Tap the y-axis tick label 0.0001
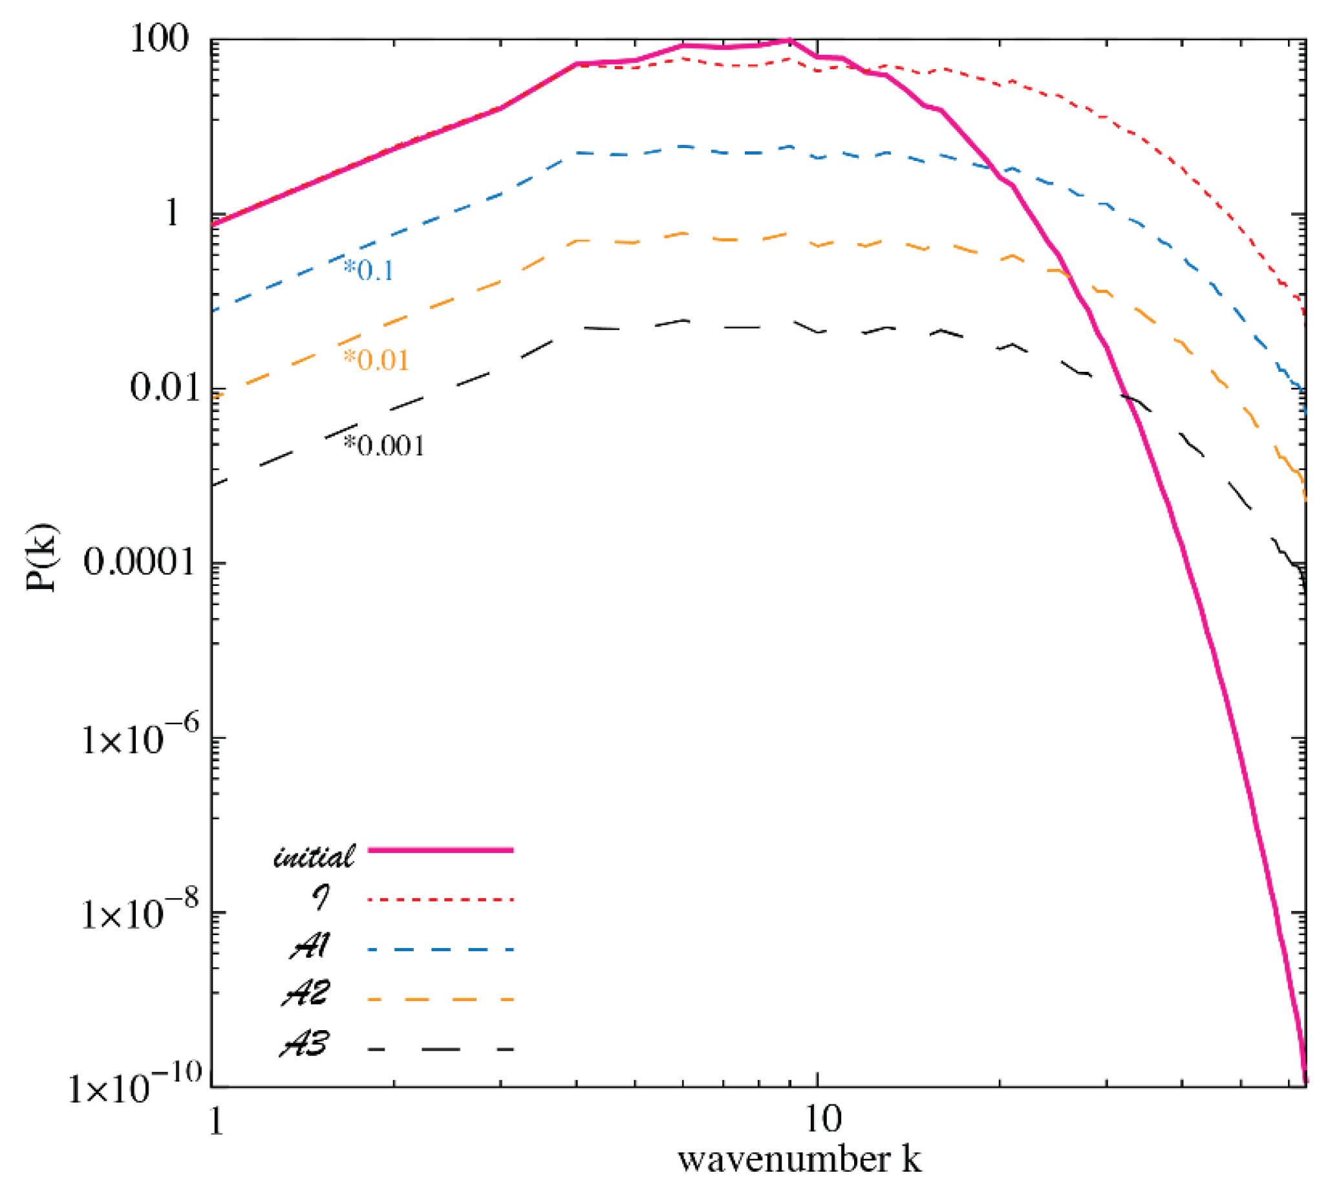(x=140, y=562)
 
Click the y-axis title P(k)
(x=42, y=557)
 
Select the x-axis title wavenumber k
(x=799, y=1160)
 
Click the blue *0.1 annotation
(x=369, y=270)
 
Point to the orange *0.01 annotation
(x=376, y=359)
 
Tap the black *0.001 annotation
(x=384, y=445)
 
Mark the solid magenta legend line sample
(x=440, y=850)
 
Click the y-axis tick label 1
(x=172, y=213)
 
